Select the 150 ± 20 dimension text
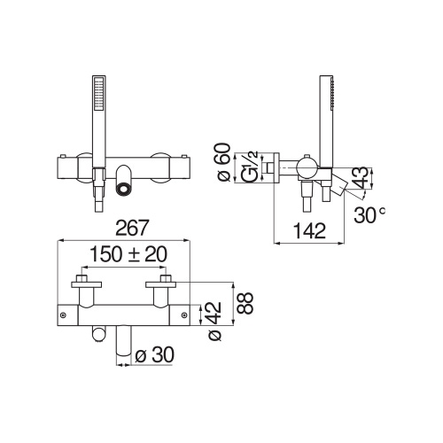[x=125, y=253]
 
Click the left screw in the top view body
[x=63, y=313]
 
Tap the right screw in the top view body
[x=185, y=313]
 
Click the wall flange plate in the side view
[x=276, y=166]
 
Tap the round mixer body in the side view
[x=306, y=167]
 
